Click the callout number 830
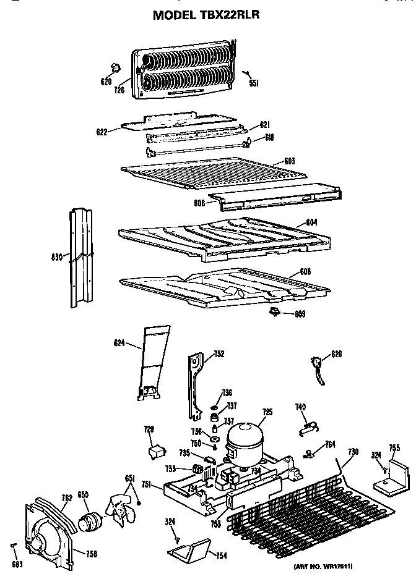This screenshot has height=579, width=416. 56,256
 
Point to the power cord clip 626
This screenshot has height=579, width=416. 319,368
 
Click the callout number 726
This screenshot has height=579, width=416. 119,90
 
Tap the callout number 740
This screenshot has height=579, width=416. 300,407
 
